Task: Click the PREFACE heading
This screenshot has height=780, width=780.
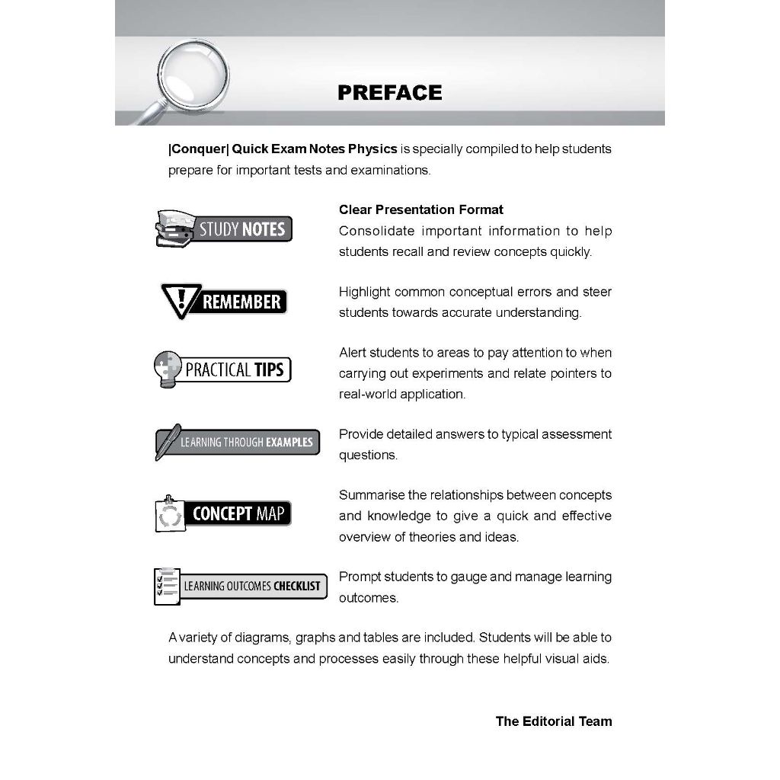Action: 389,93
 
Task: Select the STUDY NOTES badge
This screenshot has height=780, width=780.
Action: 223,229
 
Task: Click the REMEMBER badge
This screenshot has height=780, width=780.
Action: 224,302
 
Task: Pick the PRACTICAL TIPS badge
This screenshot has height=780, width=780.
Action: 222,370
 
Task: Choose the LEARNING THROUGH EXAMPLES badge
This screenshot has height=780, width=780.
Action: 237,442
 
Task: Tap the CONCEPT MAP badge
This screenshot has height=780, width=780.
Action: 222,514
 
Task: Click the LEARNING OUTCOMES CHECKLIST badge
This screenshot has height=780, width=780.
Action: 240,586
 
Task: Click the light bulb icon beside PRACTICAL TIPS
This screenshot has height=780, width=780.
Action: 168,369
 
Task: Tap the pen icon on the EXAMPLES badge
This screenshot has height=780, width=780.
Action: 168,441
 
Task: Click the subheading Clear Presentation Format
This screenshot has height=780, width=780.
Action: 420,209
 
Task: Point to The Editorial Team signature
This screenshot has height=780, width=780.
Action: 553,721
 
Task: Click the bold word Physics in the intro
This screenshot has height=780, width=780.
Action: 372,149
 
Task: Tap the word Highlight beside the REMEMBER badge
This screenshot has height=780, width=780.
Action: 365,292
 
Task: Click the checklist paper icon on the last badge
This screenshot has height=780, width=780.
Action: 167,586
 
